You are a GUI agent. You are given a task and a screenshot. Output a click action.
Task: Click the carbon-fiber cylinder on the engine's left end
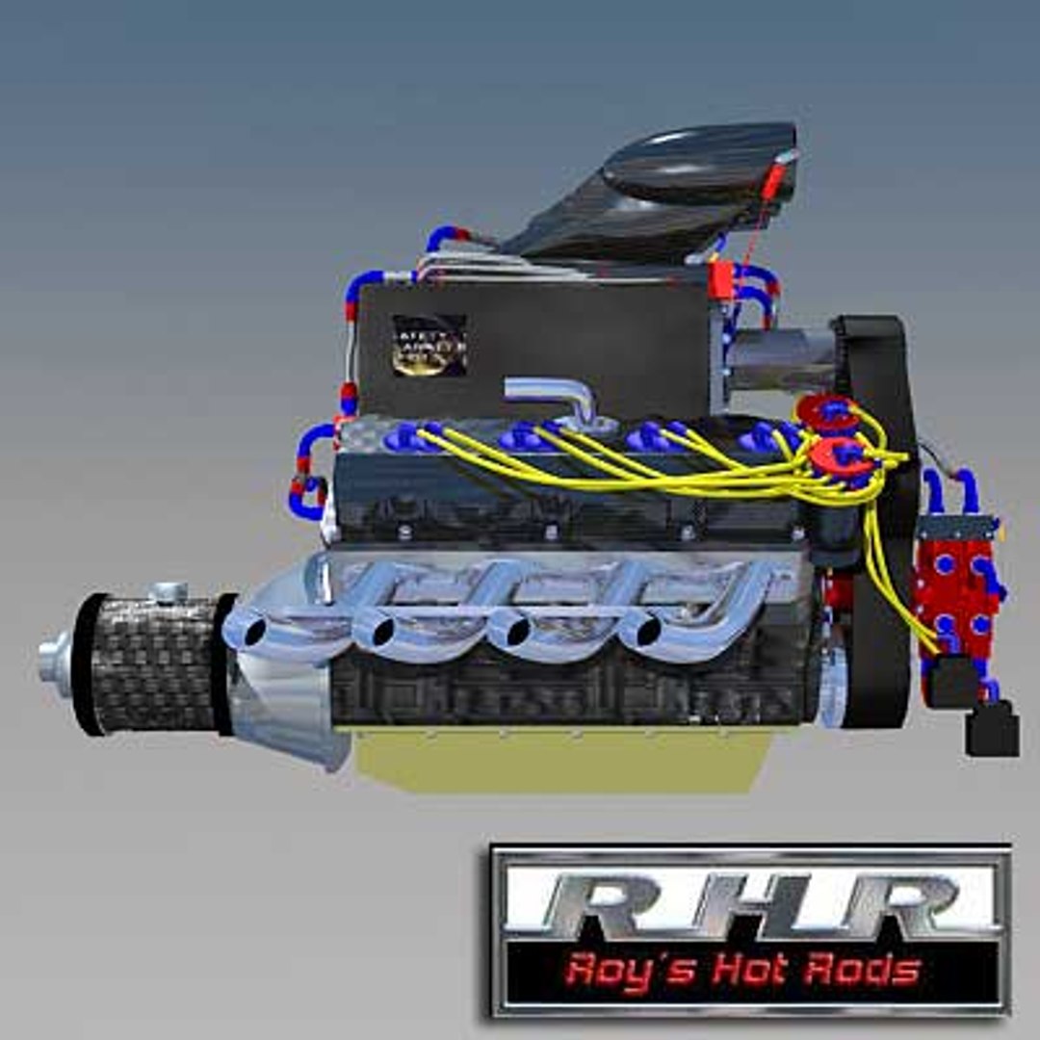pos(154,664)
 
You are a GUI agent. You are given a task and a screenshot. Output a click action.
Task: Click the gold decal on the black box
pos(429,345)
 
